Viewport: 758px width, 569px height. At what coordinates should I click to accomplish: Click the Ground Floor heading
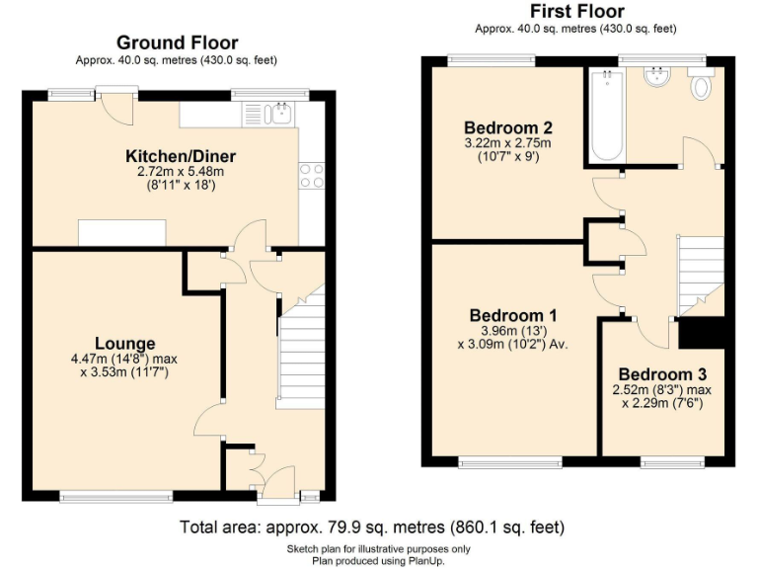coord(177,42)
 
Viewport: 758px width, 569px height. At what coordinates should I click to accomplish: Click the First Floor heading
coord(576,12)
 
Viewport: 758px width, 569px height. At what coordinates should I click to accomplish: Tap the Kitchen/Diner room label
coord(181,156)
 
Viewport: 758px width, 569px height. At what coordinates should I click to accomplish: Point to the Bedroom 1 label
coord(510,315)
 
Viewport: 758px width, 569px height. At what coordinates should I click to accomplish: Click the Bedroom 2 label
coord(507,127)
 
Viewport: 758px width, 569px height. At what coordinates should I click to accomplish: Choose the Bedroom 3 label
coord(662,374)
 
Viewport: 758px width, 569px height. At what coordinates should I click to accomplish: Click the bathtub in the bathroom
coord(605,117)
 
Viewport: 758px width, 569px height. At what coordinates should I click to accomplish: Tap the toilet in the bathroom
coord(702,87)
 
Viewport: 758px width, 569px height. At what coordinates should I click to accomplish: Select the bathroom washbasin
coord(655,76)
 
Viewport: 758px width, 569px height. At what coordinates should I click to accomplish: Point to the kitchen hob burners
coord(312,175)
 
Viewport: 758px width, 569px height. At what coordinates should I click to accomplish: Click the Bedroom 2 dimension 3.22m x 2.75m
coord(507,143)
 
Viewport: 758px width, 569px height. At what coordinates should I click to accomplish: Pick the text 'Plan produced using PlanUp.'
coord(378,560)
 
